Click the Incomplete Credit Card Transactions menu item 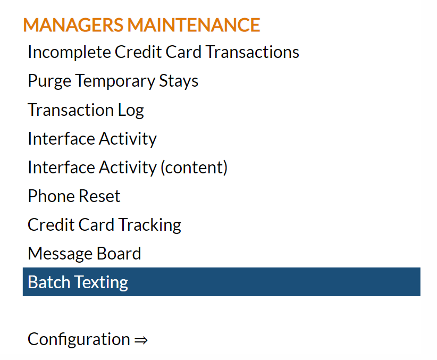click(163, 53)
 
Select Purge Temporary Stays click(113, 81)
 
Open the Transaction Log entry click(86, 110)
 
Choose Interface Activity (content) click(128, 168)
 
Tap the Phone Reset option click(74, 196)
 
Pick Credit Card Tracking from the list click(105, 225)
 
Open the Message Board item click(85, 254)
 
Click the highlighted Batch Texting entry click(222, 282)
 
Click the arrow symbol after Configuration click(141, 340)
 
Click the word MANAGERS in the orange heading click(73, 25)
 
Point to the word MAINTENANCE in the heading click(194, 25)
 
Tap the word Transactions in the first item click(253, 52)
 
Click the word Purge click(49, 81)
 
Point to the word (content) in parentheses click(194, 168)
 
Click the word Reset click(99, 196)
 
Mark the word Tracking click(150, 225)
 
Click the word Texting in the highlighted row click(102, 282)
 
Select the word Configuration click(79, 340)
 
